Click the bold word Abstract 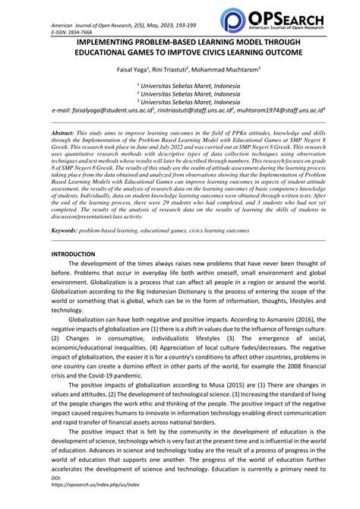coord(65,131)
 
